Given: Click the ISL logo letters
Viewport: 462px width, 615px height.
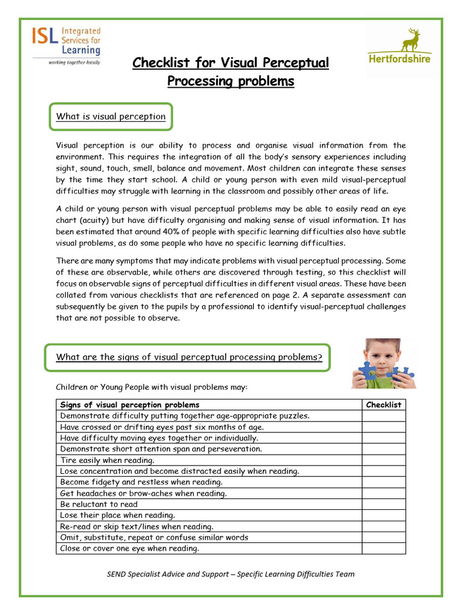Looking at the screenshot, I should (46, 40).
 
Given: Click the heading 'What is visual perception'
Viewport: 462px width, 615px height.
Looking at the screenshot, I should (111, 117).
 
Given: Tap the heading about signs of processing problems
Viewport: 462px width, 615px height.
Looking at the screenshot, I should (189, 357).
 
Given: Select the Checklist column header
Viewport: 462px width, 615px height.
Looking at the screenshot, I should (383, 405).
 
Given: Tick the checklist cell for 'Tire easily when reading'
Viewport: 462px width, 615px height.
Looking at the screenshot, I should (383, 460).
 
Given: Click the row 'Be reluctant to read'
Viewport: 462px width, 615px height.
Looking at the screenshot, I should (99, 504).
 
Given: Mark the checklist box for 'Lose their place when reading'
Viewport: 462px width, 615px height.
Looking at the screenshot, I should (383, 515).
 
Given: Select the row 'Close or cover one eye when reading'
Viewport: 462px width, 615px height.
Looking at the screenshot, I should (129, 548).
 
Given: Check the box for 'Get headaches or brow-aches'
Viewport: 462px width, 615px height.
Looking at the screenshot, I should (383, 493).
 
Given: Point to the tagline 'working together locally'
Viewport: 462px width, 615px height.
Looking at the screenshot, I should (66, 62).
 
